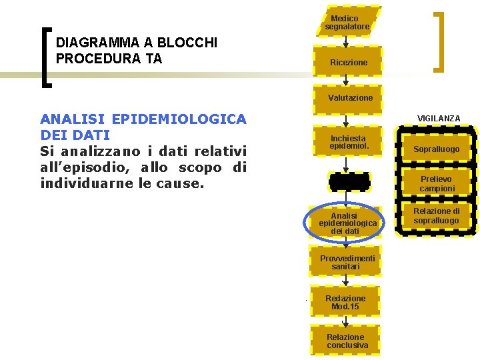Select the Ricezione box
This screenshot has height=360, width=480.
point(348,62)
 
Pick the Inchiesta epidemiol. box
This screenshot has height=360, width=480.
point(347,142)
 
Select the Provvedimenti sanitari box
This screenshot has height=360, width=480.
point(347,262)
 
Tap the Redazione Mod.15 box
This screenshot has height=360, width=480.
point(345,302)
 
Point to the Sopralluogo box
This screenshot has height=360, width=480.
point(436,149)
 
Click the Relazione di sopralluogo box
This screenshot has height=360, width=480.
point(436,216)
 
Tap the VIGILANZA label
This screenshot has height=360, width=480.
point(438,119)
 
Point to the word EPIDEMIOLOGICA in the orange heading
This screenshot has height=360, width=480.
point(180,119)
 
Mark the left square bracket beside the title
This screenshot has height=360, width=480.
point(45,57)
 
